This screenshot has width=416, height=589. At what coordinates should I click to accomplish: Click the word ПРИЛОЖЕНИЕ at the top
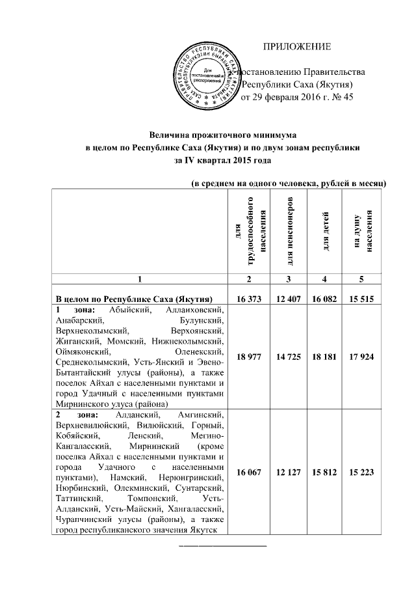coord(296,46)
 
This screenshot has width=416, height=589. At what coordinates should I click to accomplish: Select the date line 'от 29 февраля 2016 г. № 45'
coord(297,98)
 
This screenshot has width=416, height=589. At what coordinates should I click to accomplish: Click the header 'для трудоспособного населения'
coord(248,231)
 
